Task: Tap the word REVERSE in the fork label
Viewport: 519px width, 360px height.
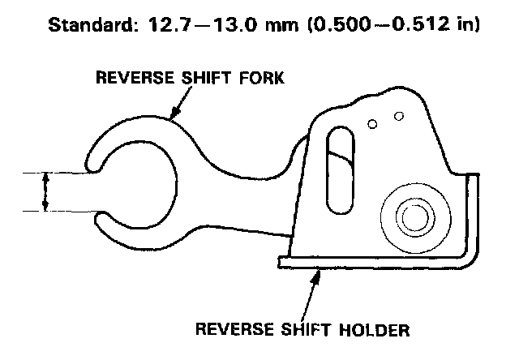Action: click(x=131, y=79)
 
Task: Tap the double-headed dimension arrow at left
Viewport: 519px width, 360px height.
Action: click(x=45, y=192)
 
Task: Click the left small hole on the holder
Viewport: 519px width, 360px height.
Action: click(x=371, y=123)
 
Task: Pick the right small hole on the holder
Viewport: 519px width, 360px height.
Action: click(x=398, y=117)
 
